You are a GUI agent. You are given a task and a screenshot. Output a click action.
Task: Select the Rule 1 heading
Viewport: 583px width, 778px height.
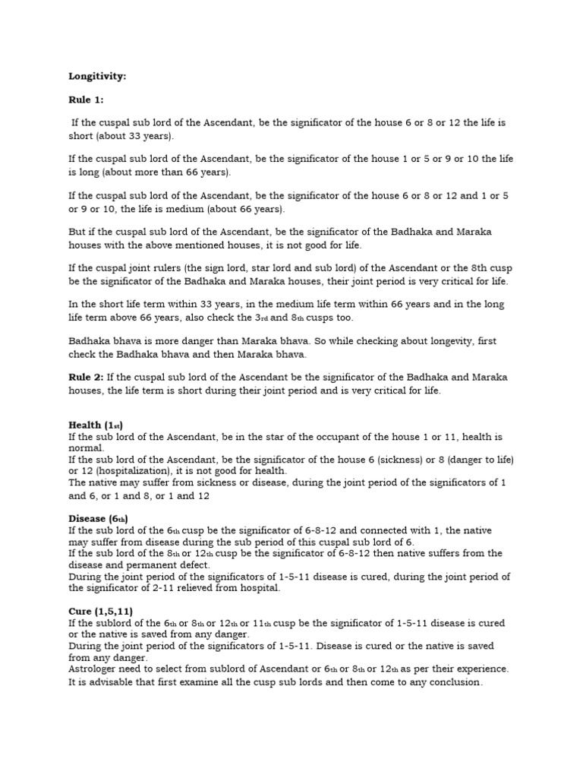pyautogui.click(x=86, y=100)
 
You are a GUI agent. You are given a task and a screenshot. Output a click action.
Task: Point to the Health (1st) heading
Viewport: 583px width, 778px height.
pyautogui.click(x=95, y=425)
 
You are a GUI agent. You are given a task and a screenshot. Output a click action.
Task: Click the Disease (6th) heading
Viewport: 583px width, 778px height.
pyautogui.click(x=98, y=519)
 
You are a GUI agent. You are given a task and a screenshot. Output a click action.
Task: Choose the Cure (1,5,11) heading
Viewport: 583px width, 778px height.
pyautogui.click(x=100, y=612)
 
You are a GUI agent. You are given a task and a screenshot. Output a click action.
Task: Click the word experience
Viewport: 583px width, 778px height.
pyautogui.click(x=481, y=669)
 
